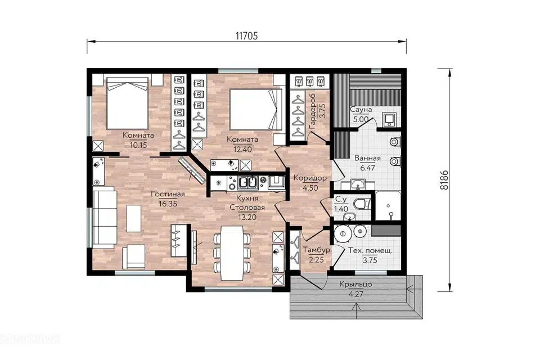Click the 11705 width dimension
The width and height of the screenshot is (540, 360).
[246, 36]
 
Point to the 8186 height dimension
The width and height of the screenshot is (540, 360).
[444, 179]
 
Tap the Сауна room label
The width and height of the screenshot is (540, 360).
[361, 110]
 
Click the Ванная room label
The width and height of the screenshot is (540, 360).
[367, 158]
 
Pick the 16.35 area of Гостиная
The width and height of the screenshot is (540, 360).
[168, 204]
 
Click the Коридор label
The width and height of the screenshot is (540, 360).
[310, 178]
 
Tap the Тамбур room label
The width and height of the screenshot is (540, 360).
[316, 250]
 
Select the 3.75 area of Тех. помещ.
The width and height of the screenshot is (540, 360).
[370, 260]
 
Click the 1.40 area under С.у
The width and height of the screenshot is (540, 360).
[341, 209]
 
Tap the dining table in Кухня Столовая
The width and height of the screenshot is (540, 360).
[231, 253]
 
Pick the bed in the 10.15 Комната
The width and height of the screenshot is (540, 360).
[128, 103]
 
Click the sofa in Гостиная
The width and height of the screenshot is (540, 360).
[104, 217]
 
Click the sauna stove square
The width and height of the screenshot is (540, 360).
[390, 119]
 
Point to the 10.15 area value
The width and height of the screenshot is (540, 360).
[138, 145]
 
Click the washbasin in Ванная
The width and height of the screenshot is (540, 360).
[358, 184]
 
